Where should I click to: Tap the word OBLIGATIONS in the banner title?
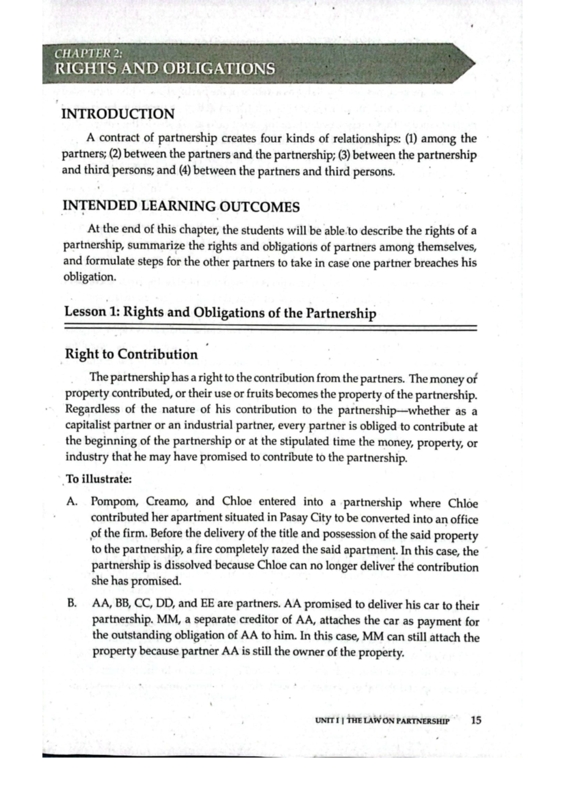(x=218, y=69)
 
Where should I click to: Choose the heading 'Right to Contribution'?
(x=131, y=354)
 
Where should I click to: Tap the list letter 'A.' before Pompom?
(x=72, y=501)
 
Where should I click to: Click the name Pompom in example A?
(x=112, y=502)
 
